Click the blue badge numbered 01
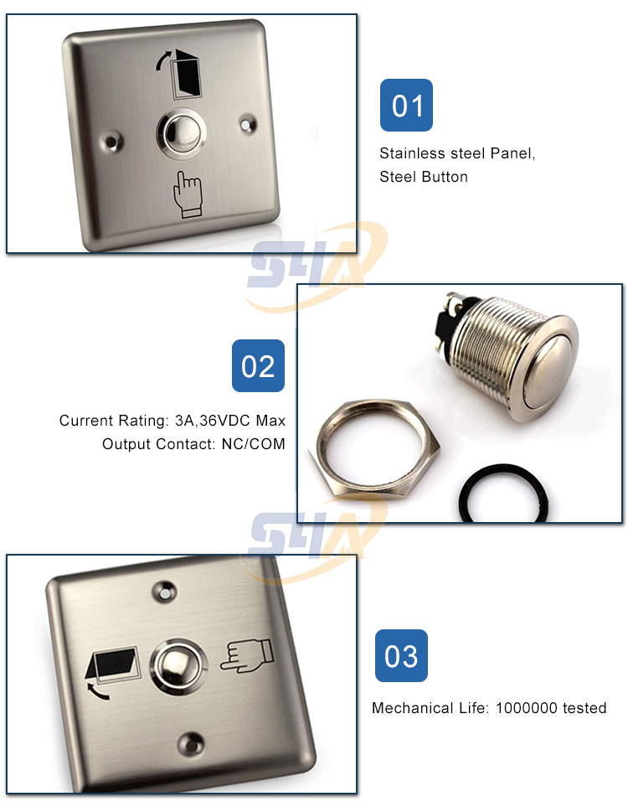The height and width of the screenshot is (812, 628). [x=406, y=106]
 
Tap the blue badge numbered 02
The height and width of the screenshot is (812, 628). [x=258, y=365]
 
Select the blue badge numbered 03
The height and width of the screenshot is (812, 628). [x=400, y=655]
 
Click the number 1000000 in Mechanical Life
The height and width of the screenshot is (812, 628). [x=526, y=708]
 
